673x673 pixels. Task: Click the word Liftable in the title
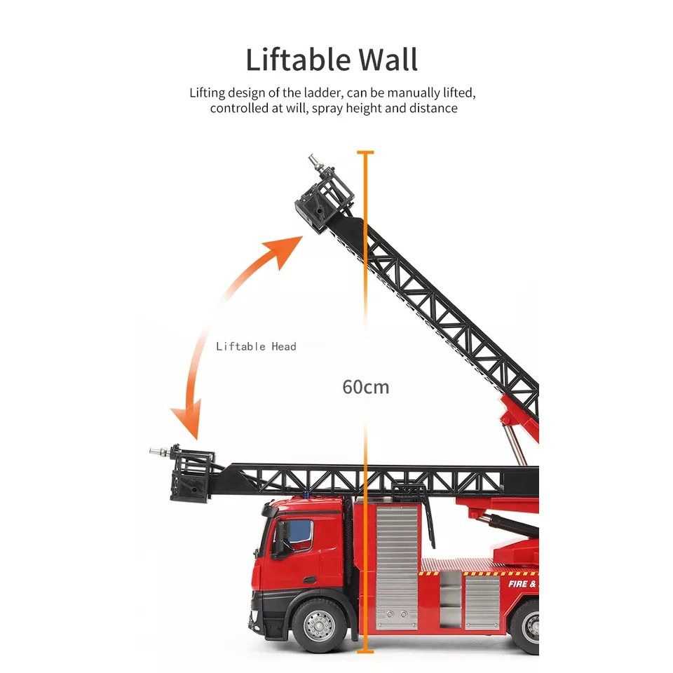299,60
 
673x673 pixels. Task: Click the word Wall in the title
388,60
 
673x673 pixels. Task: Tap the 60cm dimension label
366,387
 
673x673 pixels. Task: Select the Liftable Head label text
257,346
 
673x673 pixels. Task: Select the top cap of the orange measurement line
365,152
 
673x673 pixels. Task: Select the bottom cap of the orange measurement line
365,652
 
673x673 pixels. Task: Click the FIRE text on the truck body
518,584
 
